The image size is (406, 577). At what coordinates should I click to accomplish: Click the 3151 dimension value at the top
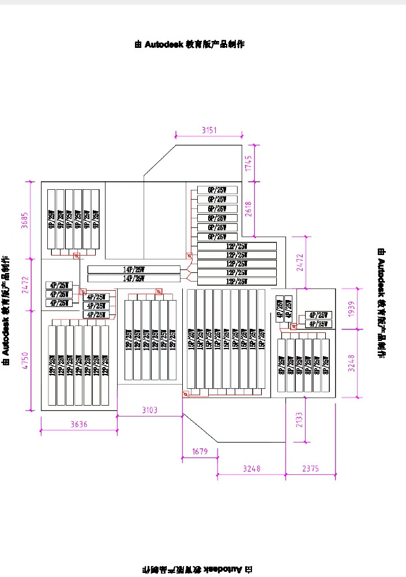(x=209, y=130)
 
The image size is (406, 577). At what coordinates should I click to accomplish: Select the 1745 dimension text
(x=249, y=163)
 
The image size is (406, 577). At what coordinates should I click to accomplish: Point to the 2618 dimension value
(x=249, y=209)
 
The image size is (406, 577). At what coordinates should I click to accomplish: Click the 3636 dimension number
(x=79, y=425)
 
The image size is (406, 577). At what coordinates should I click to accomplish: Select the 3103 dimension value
(x=149, y=410)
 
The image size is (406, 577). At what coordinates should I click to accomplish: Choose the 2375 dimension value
(x=310, y=469)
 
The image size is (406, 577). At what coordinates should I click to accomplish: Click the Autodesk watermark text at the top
(x=189, y=44)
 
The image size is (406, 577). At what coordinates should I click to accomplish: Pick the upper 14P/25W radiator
(x=134, y=269)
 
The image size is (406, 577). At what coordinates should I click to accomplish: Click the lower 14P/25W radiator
(x=134, y=279)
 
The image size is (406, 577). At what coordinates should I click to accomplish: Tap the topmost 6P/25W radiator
(x=217, y=190)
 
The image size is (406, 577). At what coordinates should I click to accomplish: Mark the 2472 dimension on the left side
(x=25, y=285)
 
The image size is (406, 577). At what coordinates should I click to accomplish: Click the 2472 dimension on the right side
(x=299, y=262)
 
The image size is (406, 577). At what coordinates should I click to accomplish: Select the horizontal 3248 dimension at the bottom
(x=251, y=469)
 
